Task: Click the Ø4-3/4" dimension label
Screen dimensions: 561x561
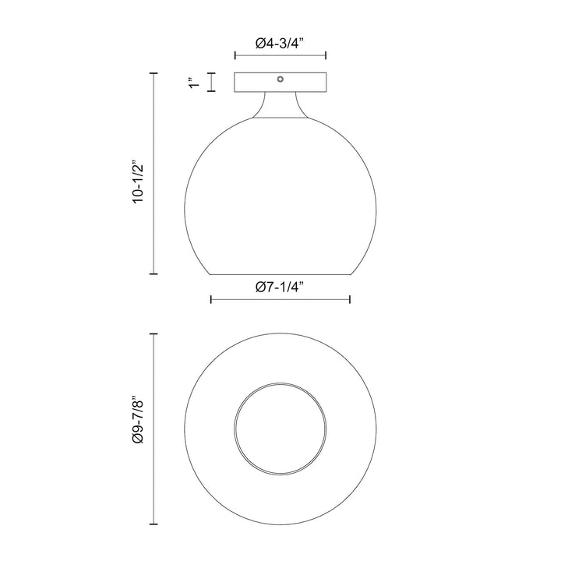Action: [280, 44]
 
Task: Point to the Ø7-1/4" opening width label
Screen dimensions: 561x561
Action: [280, 287]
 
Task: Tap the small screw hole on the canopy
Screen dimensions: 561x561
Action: [280, 78]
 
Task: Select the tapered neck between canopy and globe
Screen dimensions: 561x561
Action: [280, 106]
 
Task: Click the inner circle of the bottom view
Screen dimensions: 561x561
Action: [280, 429]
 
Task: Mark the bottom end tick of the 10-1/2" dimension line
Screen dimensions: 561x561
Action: [153, 274]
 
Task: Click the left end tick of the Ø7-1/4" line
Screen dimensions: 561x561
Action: [211, 300]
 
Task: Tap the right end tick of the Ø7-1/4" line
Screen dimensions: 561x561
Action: [349, 300]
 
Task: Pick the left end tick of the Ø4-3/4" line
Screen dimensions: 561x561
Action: [235, 56]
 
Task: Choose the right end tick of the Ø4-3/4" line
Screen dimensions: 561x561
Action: [325, 56]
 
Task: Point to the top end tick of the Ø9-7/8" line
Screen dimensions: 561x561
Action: [153, 333]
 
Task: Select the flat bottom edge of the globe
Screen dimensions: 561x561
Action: [280, 274]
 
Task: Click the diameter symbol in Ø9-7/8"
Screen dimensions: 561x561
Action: [139, 441]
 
